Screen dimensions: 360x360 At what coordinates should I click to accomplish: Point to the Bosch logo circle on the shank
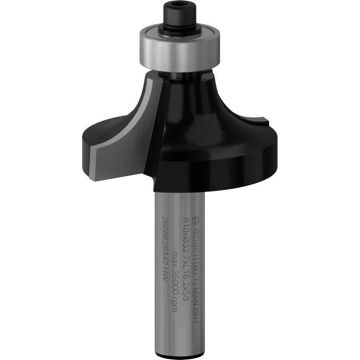click(x=196, y=220)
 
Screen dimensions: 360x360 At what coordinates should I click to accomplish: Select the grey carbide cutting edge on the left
click(x=93, y=152)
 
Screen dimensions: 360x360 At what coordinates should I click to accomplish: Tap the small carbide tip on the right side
click(x=264, y=120)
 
